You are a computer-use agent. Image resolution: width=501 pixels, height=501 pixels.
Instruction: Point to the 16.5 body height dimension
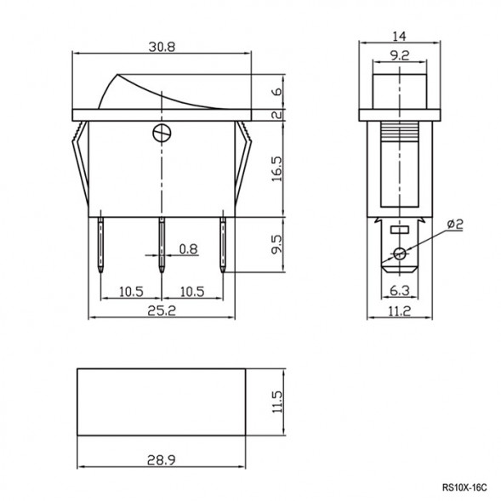pos(276,167)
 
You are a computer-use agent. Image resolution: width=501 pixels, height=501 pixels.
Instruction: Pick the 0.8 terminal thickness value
pos(188,249)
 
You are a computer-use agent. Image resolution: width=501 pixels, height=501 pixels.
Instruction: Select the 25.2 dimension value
pos(161,311)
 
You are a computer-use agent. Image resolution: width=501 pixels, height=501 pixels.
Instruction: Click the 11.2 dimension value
pos(400,311)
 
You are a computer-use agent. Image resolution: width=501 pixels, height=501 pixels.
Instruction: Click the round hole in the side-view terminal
pos(399,253)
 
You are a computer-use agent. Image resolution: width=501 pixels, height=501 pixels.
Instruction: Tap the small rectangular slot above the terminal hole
pos(399,231)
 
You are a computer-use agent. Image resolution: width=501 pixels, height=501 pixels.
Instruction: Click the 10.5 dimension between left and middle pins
pos(130,291)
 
